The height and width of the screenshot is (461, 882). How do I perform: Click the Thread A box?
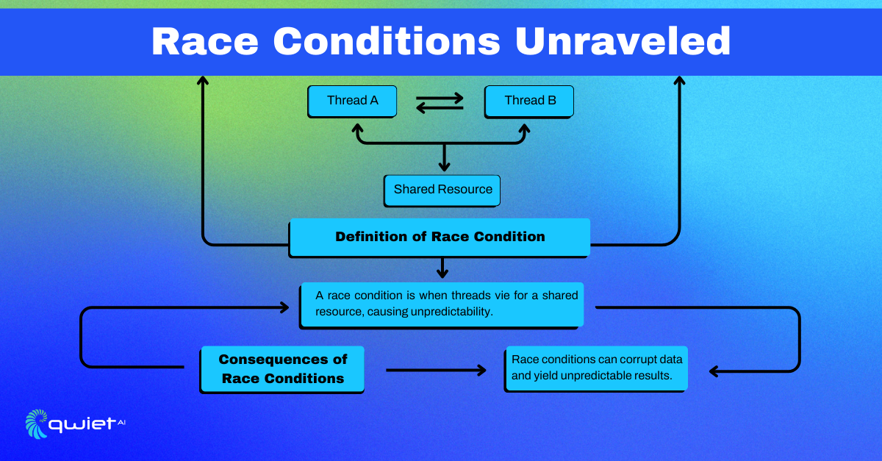click(352, 101)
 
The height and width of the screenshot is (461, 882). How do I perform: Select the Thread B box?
click(528, 101)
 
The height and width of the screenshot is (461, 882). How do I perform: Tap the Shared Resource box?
click(442, 190)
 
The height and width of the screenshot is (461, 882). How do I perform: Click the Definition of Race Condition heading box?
click(440, 238)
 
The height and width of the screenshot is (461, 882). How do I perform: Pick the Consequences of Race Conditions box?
click(282, 370)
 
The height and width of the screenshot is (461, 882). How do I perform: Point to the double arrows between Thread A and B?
click(440, 103)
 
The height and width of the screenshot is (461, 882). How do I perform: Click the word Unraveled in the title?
click(623, 41)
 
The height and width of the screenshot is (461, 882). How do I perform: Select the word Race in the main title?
click(205, 42)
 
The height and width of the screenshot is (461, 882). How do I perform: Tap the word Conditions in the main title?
click(387, 41)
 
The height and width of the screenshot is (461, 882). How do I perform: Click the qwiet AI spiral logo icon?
click(36, 424)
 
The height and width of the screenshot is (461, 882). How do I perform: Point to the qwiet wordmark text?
click(82, 425)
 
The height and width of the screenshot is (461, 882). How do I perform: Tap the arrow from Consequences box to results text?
click(436, 370)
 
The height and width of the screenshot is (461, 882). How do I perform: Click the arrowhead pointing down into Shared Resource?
click(444, 165)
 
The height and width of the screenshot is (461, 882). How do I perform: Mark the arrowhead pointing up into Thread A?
click(357, 129)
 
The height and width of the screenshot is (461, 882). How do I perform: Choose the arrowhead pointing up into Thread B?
click(524, 129)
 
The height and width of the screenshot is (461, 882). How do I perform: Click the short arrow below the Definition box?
click(442, 268)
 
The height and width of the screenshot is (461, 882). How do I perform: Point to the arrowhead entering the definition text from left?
click(284, 307)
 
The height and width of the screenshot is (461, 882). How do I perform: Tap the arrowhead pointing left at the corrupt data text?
click(714, 371)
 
